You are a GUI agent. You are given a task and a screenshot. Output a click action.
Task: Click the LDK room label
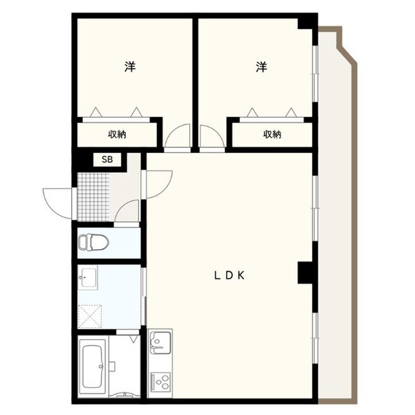click(229, 276)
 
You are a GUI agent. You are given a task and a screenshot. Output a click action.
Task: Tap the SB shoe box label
click(107, 160)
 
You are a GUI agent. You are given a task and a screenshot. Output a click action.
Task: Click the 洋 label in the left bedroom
click(130, 66)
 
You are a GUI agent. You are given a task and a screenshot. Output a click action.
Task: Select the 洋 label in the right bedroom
click(261, 66)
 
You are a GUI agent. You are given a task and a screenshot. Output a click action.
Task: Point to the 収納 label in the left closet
click(117, 134)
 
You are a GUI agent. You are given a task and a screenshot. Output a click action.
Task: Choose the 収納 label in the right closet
click(272, 134)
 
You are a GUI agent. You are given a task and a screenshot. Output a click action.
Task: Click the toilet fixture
click(93, 242)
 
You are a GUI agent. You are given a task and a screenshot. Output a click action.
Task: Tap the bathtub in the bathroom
click(93, 367)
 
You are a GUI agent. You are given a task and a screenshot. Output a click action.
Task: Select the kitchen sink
click(160, 342)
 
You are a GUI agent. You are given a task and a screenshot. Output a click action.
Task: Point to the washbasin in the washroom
click(88, 277)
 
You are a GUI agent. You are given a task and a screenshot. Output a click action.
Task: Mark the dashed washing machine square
click(90, 316)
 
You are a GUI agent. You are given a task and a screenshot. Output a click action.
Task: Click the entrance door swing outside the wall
click(57, 203)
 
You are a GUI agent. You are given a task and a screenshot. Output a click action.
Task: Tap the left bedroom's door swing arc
click(177, 136)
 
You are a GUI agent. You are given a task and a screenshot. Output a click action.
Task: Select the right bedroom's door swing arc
click(212, 136)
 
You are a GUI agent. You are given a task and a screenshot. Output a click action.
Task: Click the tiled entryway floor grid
click(93, 197)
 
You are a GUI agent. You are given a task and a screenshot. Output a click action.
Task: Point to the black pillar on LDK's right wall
click(306, 273)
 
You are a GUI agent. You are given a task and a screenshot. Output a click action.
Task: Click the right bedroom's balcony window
click(315, 74)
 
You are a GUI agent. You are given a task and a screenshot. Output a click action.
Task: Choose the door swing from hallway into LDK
click(159, 185)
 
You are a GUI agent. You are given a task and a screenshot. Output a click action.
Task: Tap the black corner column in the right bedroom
click(306, 24)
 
